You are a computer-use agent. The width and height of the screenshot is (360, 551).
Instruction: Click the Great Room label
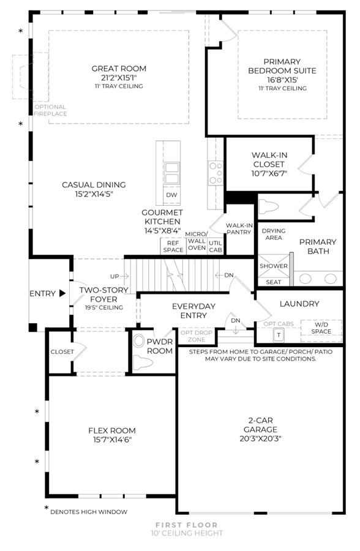tap(119, 69)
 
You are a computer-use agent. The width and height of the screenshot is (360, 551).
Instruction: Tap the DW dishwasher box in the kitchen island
tap(171, 195)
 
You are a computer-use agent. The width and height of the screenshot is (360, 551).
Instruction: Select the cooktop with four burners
tap(216, 173)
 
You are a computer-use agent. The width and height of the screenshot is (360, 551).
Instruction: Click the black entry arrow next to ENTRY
tap(62, 293)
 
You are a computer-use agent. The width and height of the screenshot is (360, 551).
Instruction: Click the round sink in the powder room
tap(140, 341)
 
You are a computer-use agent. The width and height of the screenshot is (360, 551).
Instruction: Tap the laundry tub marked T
tap(279, 335)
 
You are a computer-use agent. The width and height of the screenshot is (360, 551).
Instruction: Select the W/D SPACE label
tap(321, 328)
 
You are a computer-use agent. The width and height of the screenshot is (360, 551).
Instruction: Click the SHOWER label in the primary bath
tap(274, 266)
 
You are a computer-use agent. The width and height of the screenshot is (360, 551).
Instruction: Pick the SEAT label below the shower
tap(274, 282)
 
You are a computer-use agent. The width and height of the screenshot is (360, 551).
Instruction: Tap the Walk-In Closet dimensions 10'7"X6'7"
tap(269, 173)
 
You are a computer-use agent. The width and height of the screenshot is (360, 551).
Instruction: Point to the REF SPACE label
tap(173, 246)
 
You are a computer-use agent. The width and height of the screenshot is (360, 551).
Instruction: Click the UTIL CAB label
tap(216, 246)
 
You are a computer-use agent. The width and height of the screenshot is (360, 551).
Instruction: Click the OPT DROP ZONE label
tap(197, 336)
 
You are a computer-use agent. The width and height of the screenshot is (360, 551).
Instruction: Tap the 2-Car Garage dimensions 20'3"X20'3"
tap(260, 438)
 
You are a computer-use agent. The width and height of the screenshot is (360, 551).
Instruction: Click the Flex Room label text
tap(112, 430)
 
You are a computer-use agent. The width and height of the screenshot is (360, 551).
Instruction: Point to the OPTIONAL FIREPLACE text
tap(50, 110)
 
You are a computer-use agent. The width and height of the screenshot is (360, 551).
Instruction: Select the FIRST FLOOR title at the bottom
tap(187, 525)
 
